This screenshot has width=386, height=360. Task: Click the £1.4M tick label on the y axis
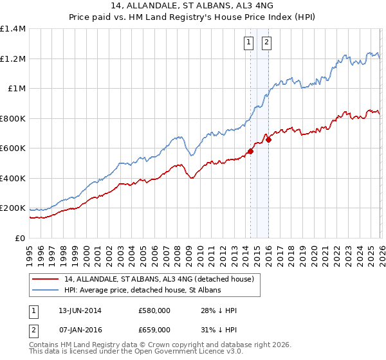coord(12,29)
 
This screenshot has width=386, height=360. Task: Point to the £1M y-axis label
coord(15,89)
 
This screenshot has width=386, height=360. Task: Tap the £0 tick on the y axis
coord(19,238)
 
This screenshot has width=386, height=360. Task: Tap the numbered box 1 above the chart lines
coord(248,43)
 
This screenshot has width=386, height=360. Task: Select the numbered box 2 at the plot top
coord(266,43)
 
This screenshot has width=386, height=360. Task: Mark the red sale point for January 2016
coord(268,139)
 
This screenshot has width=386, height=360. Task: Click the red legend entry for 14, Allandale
coord(160,279)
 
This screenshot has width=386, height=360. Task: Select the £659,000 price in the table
coord(154,329)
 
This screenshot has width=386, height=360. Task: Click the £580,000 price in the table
coord(154,310)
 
